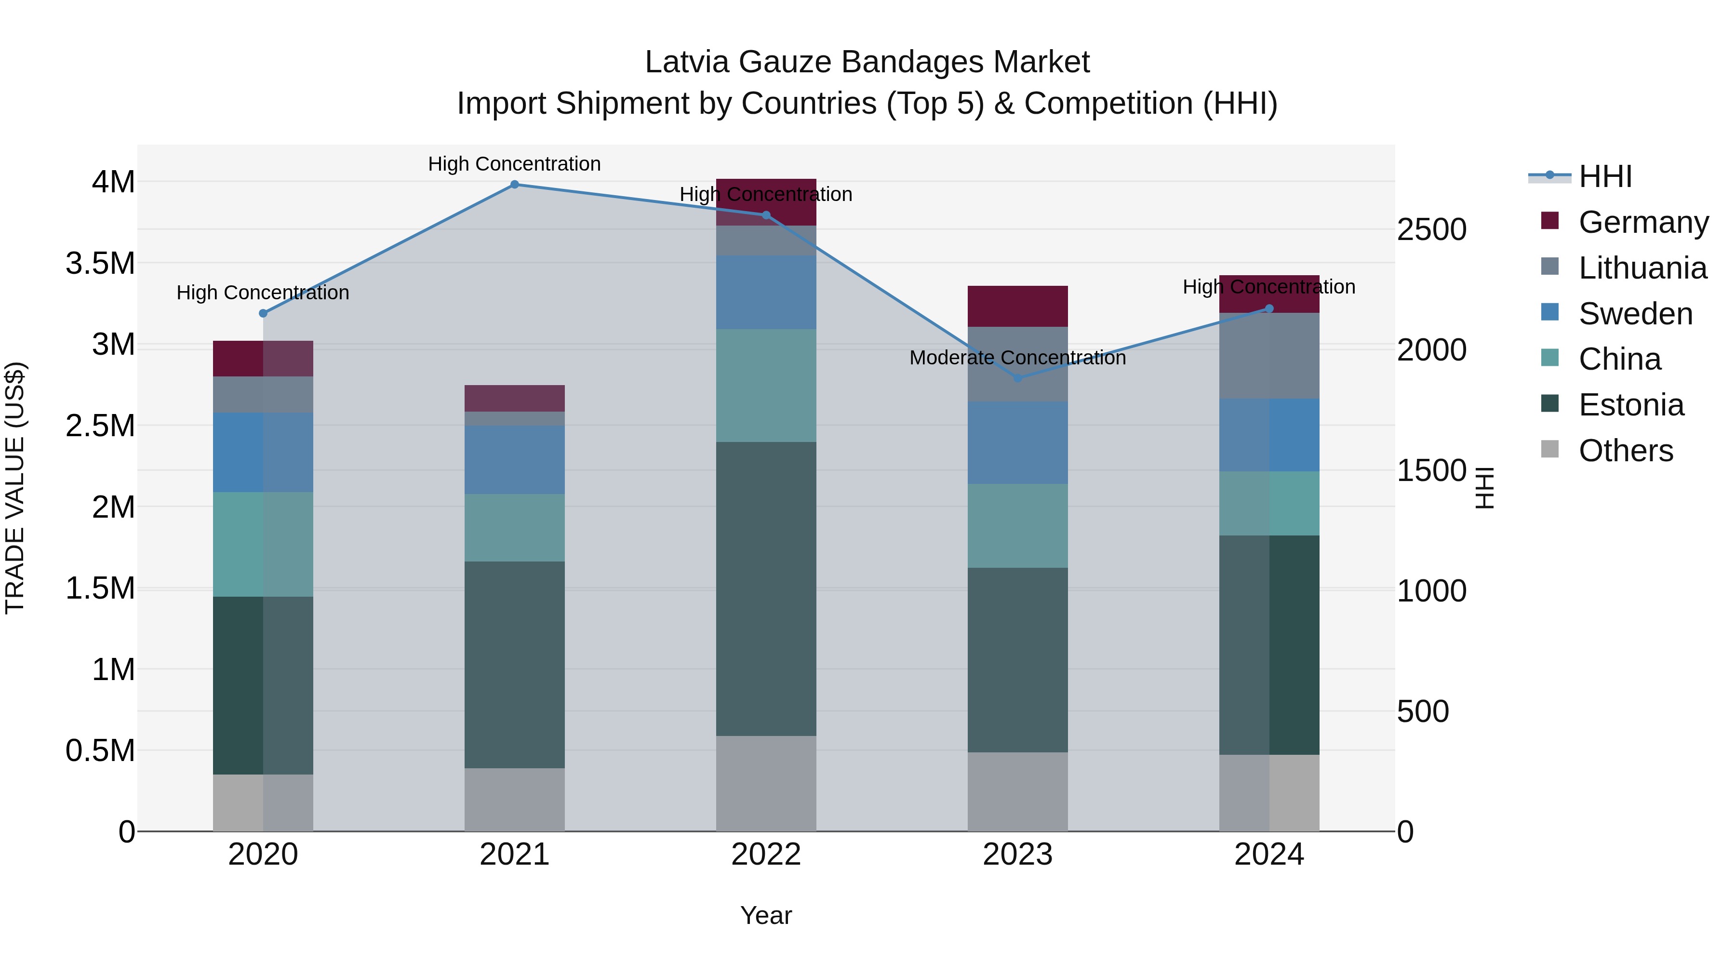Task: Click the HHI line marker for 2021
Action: (515, 185)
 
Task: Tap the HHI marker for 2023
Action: (1018, 378)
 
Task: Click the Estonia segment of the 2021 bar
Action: (515, 665)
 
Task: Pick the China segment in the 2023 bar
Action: (1018, 525)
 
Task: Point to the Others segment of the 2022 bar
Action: (766, 783)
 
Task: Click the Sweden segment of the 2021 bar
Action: (515, 459)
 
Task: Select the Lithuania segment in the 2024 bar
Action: (1269, 356)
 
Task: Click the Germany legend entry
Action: (1643, 222)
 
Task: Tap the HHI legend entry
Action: (1605, 176)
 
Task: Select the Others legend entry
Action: (1625, 451)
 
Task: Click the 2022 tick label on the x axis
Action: (766, 855)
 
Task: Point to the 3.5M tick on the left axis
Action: (100, 263)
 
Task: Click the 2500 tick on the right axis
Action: (1431, 230)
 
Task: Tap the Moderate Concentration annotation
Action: (1018, 358)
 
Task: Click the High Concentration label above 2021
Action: (515, 164)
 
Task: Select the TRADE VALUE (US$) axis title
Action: (15, 488)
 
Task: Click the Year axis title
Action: (766, 915)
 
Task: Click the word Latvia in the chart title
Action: (687, 62)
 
